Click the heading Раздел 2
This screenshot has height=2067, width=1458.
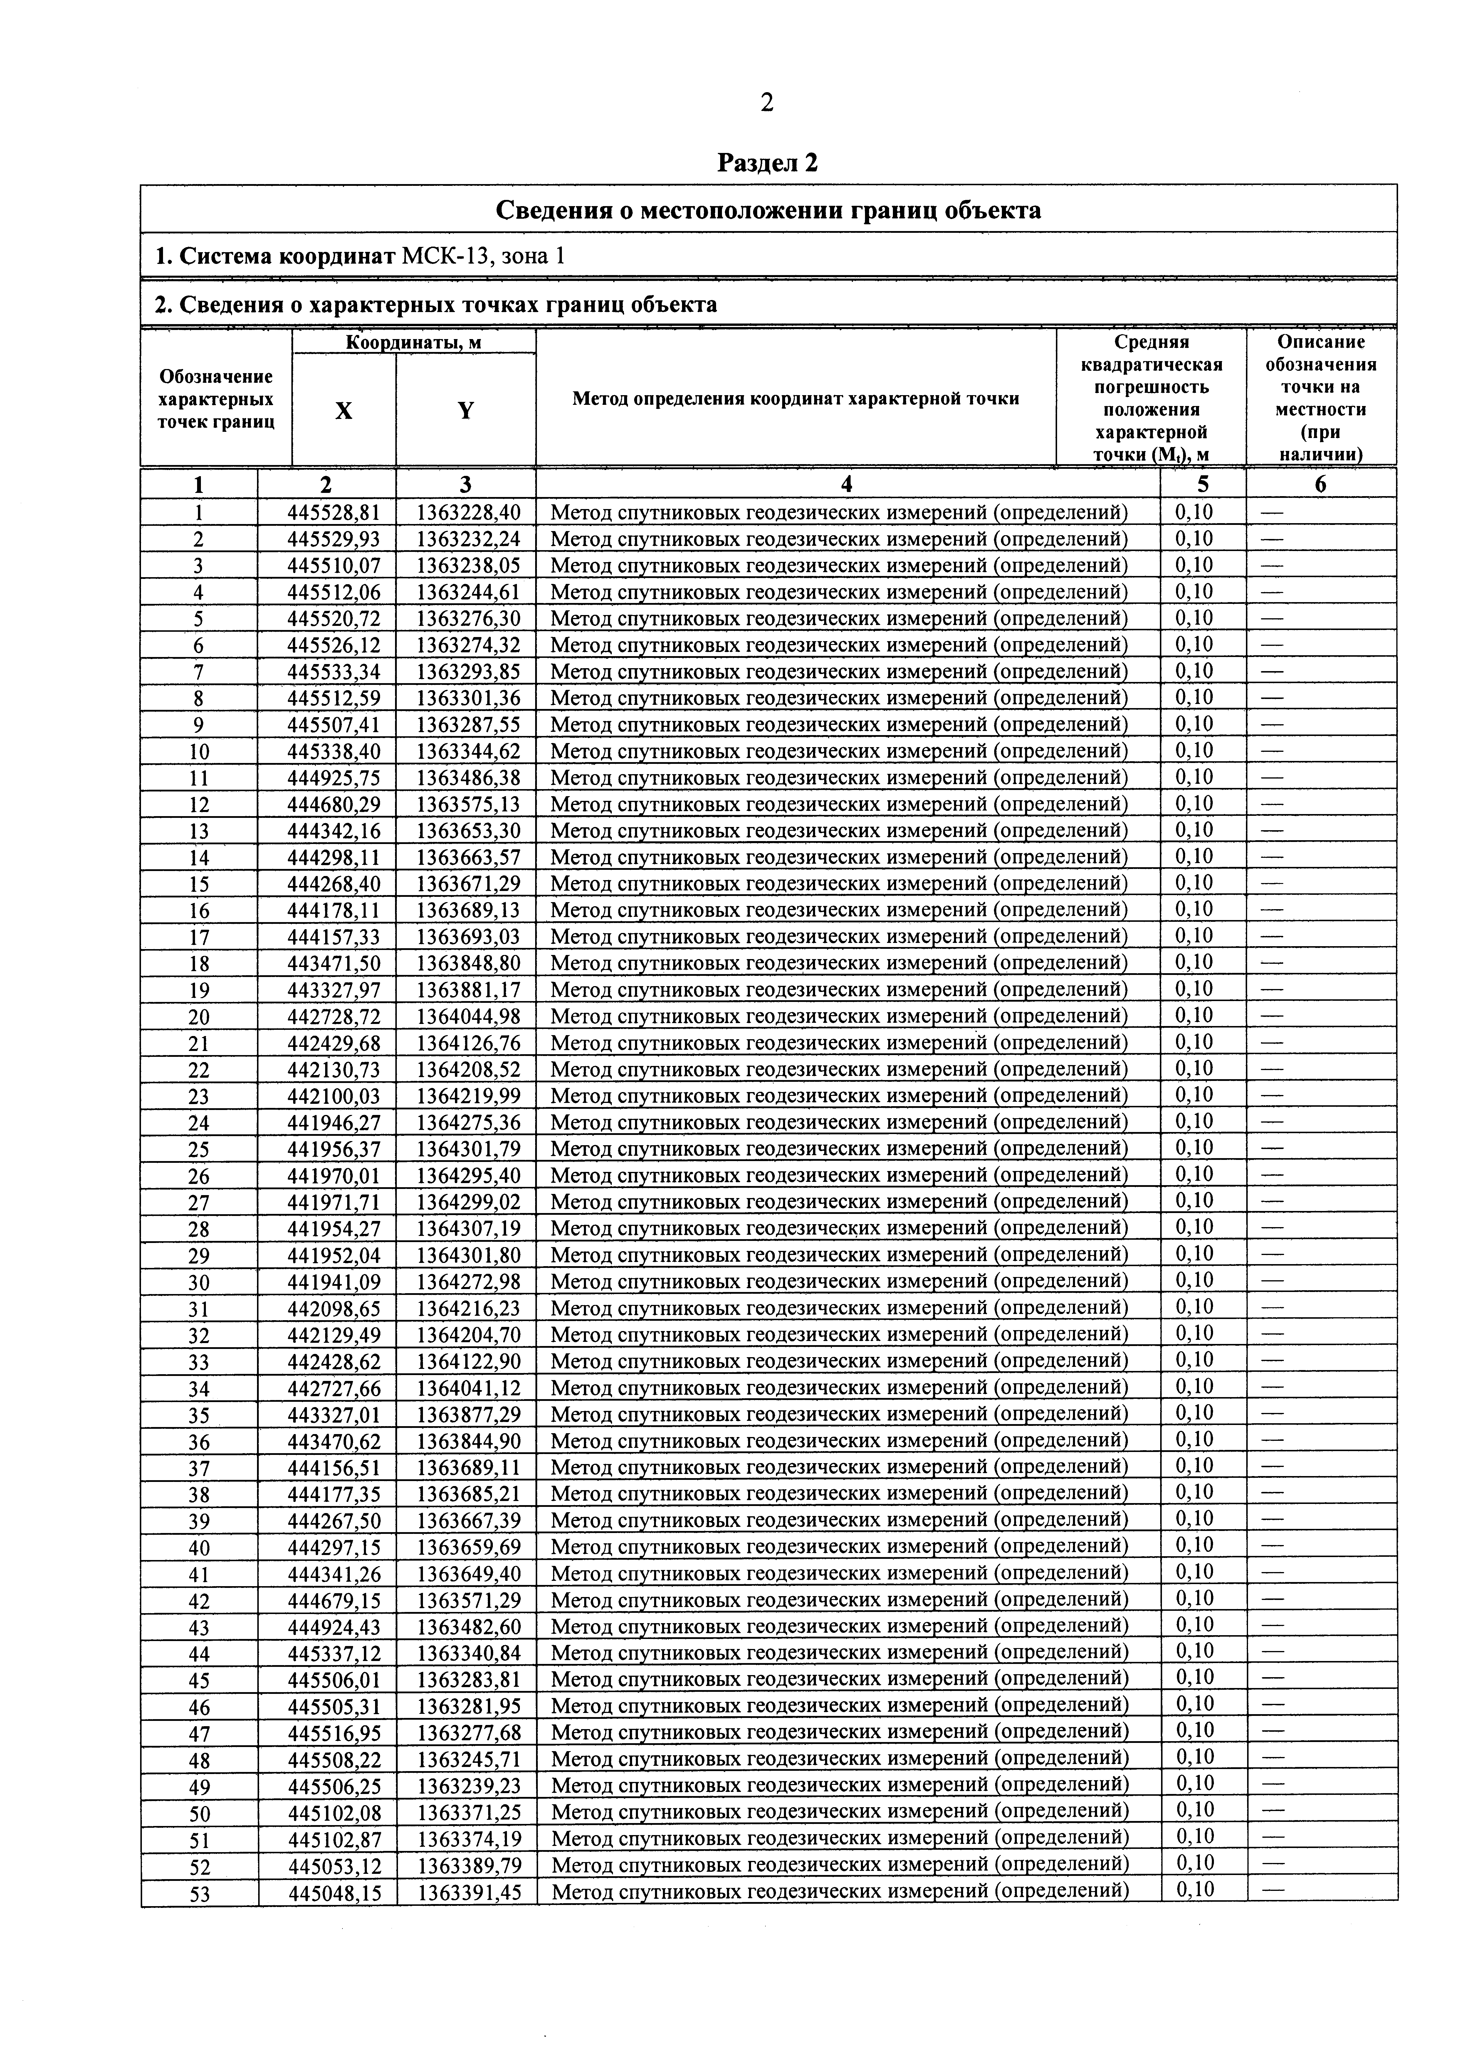point(767,163)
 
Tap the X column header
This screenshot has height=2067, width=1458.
point(344,410)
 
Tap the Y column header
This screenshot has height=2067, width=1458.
point(466,410)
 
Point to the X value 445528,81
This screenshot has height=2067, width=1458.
point(333,512)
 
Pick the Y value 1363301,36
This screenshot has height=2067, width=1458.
point(468,698)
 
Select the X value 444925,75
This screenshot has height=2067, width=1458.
point(333,777)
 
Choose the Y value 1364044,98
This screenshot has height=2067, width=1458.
point(468,1016)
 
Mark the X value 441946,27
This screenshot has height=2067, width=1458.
point(333,1123)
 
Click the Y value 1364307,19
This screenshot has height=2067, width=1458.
point(468,1228)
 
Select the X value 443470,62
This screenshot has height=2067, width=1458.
point(333,1441)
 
